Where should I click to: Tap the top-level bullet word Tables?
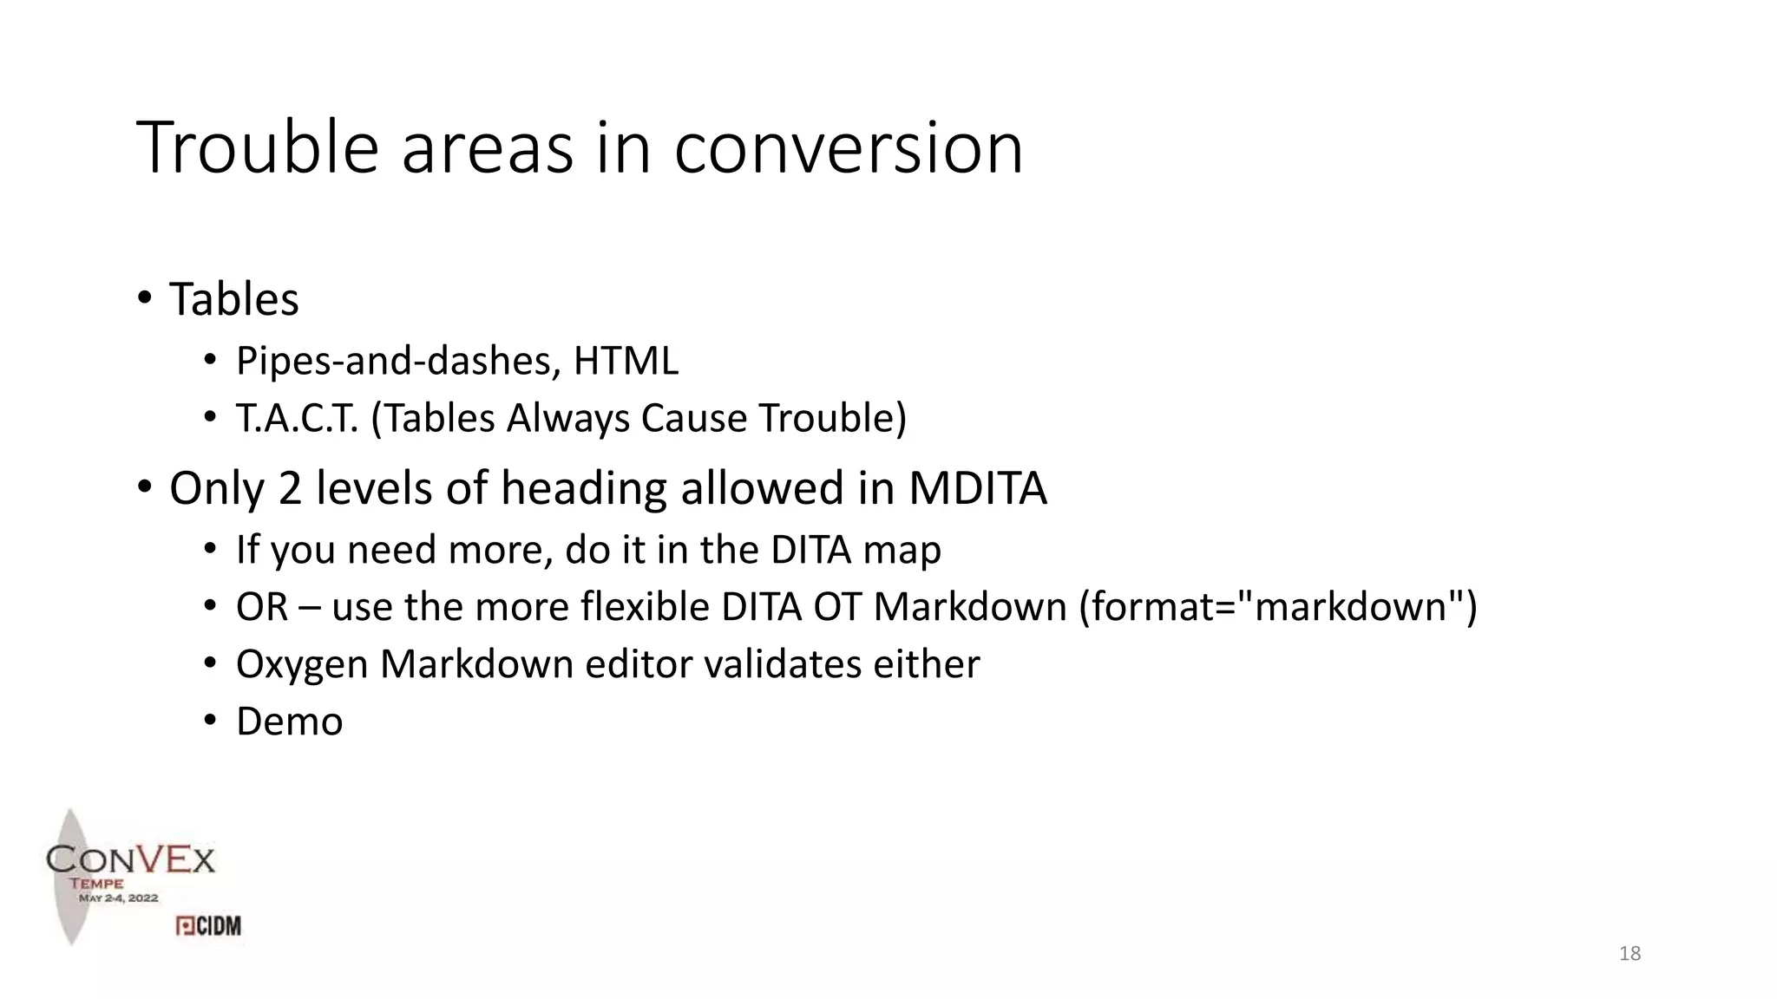pyautogui.click(x=233, y=299)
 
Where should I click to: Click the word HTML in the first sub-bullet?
pyautogui.click(x=626, y=361)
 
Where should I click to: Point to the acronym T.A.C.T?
pyautogui.click(x=297, y=418)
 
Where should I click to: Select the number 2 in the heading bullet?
pyautogui.click(x=289, y=488)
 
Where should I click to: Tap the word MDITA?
pyautogui.click(x=977, y=488)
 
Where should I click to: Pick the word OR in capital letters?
pyautogui.click(x=262, y=607)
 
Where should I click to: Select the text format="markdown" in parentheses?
pyautogui.click(x=1276, y=607)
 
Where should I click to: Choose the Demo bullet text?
pyautogui.click(x=289, y=721)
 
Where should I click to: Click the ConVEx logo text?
pyautogui.click(x=130, y=859)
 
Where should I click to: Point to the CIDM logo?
pyautogui.click(x=208, y=926)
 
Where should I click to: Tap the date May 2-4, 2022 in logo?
pyautogui.click(x=119, y=898)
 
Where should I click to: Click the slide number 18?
pyautogui.click(x=1629, y=954)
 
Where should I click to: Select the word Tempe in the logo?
pyautogui.click(x=96, y=884)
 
